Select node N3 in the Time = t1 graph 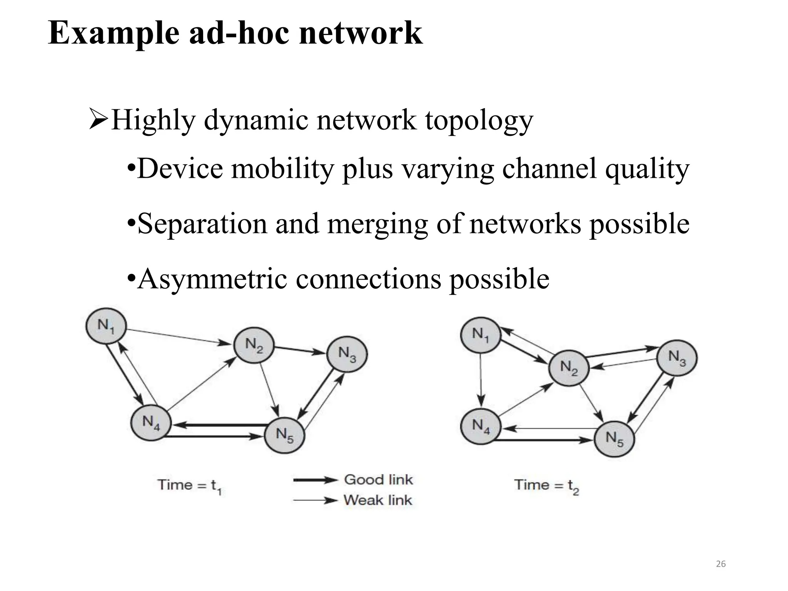347,354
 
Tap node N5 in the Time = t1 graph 285,436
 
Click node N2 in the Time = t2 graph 569,368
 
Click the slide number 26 721,564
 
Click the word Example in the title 114,34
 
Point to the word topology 479,120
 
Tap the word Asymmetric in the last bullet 212,279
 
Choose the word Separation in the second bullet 202,224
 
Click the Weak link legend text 377,500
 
